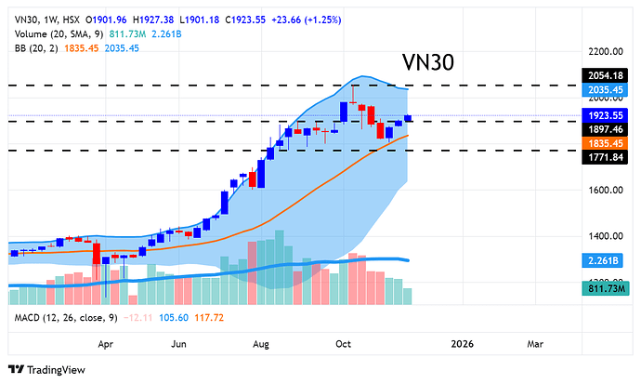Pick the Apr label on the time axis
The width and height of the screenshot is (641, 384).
[x=105, y=343]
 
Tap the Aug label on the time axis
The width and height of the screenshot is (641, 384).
[x=260, y=343]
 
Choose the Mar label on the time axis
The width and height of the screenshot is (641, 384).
[x=535, y=343]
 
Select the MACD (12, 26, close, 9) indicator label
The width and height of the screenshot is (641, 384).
[x=64, y=318]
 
